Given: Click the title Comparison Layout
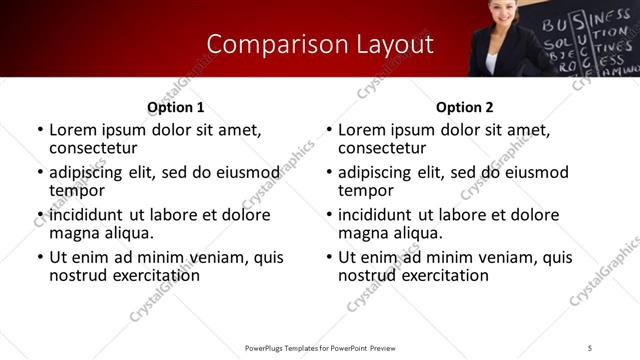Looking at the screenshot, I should click(320, 44).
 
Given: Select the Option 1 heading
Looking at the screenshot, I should click(176, 107).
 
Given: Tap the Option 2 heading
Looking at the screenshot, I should click(464, 107).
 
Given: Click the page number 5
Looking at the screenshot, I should click(590, 347).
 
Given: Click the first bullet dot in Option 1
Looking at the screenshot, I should click(40, 131).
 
